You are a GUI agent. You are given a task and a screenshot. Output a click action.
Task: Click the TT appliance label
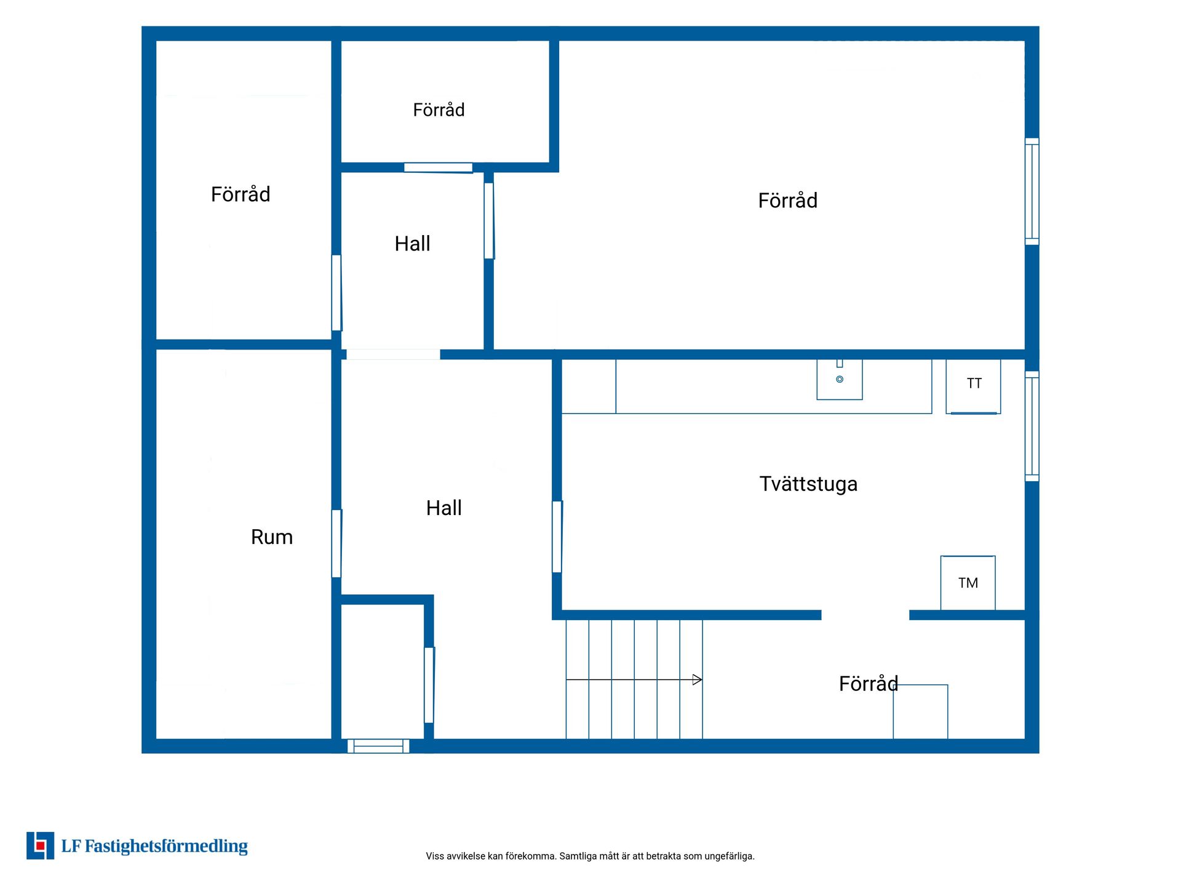click(974, 383)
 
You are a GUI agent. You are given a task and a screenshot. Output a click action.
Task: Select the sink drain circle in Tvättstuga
click(840, 380)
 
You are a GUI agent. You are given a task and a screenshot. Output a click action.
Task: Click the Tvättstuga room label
click(808, 484)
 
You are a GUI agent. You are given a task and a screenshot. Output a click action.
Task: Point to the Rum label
click(272, 537)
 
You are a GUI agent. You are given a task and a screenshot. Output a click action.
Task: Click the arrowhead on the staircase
click(698, 680)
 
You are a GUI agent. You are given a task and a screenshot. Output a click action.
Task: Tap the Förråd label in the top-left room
click(241, 194)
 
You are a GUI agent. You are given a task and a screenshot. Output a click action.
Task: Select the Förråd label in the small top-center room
click(439, 110)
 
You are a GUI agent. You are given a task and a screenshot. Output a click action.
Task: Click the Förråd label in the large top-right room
click(788, 201)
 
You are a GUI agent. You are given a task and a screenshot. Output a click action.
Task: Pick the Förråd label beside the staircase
click(869, 684)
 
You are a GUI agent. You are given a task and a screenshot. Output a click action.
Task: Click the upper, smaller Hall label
click(412, 244)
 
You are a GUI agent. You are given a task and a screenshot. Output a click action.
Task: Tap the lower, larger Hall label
click(443, 508)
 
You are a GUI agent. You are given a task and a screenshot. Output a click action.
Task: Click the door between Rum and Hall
click(336, 543)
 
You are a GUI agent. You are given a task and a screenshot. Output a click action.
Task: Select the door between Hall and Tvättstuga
click(557, 537)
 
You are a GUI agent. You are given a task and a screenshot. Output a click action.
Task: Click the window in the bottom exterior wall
click(378, 746)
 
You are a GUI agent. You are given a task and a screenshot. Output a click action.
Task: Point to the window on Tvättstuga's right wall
click(1032, 426)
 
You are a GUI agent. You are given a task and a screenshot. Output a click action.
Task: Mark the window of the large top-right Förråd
click(1032, 191)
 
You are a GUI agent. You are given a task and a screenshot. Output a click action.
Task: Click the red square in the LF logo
click(41, 846)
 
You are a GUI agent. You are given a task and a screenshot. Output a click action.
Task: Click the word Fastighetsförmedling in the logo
click(166, 847)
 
